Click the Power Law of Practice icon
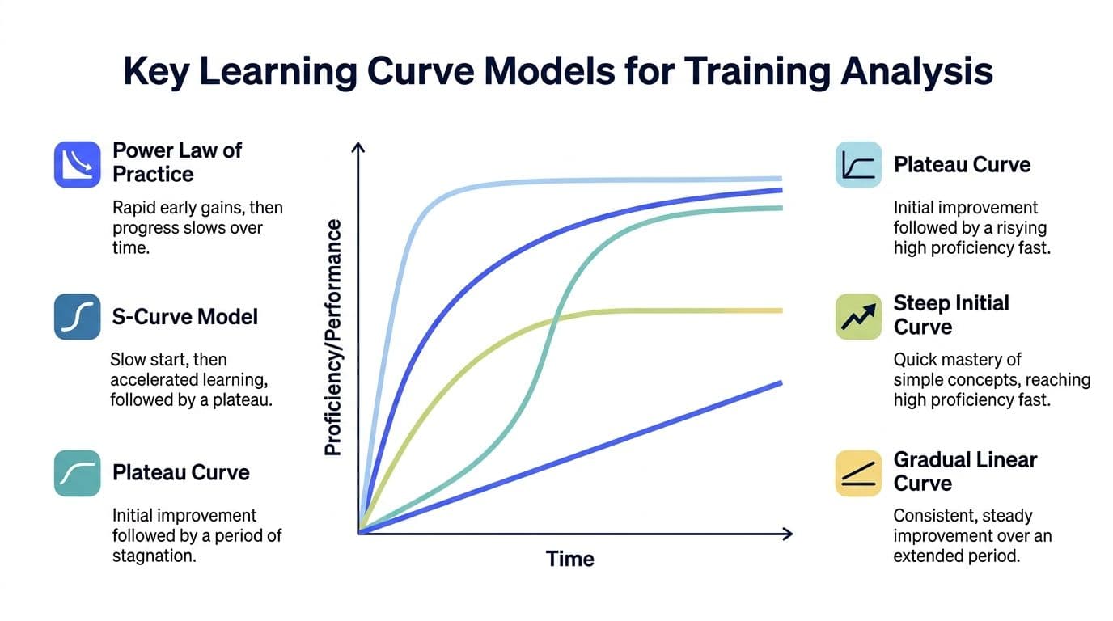77,164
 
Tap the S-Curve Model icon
77,316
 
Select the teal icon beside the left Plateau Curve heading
77,473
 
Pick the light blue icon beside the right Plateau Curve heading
858,165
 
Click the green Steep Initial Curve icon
858,316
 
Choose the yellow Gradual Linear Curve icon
858,473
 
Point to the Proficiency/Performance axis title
332,337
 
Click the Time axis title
569,559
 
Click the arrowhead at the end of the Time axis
787,533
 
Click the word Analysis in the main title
916,72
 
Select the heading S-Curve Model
185,316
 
